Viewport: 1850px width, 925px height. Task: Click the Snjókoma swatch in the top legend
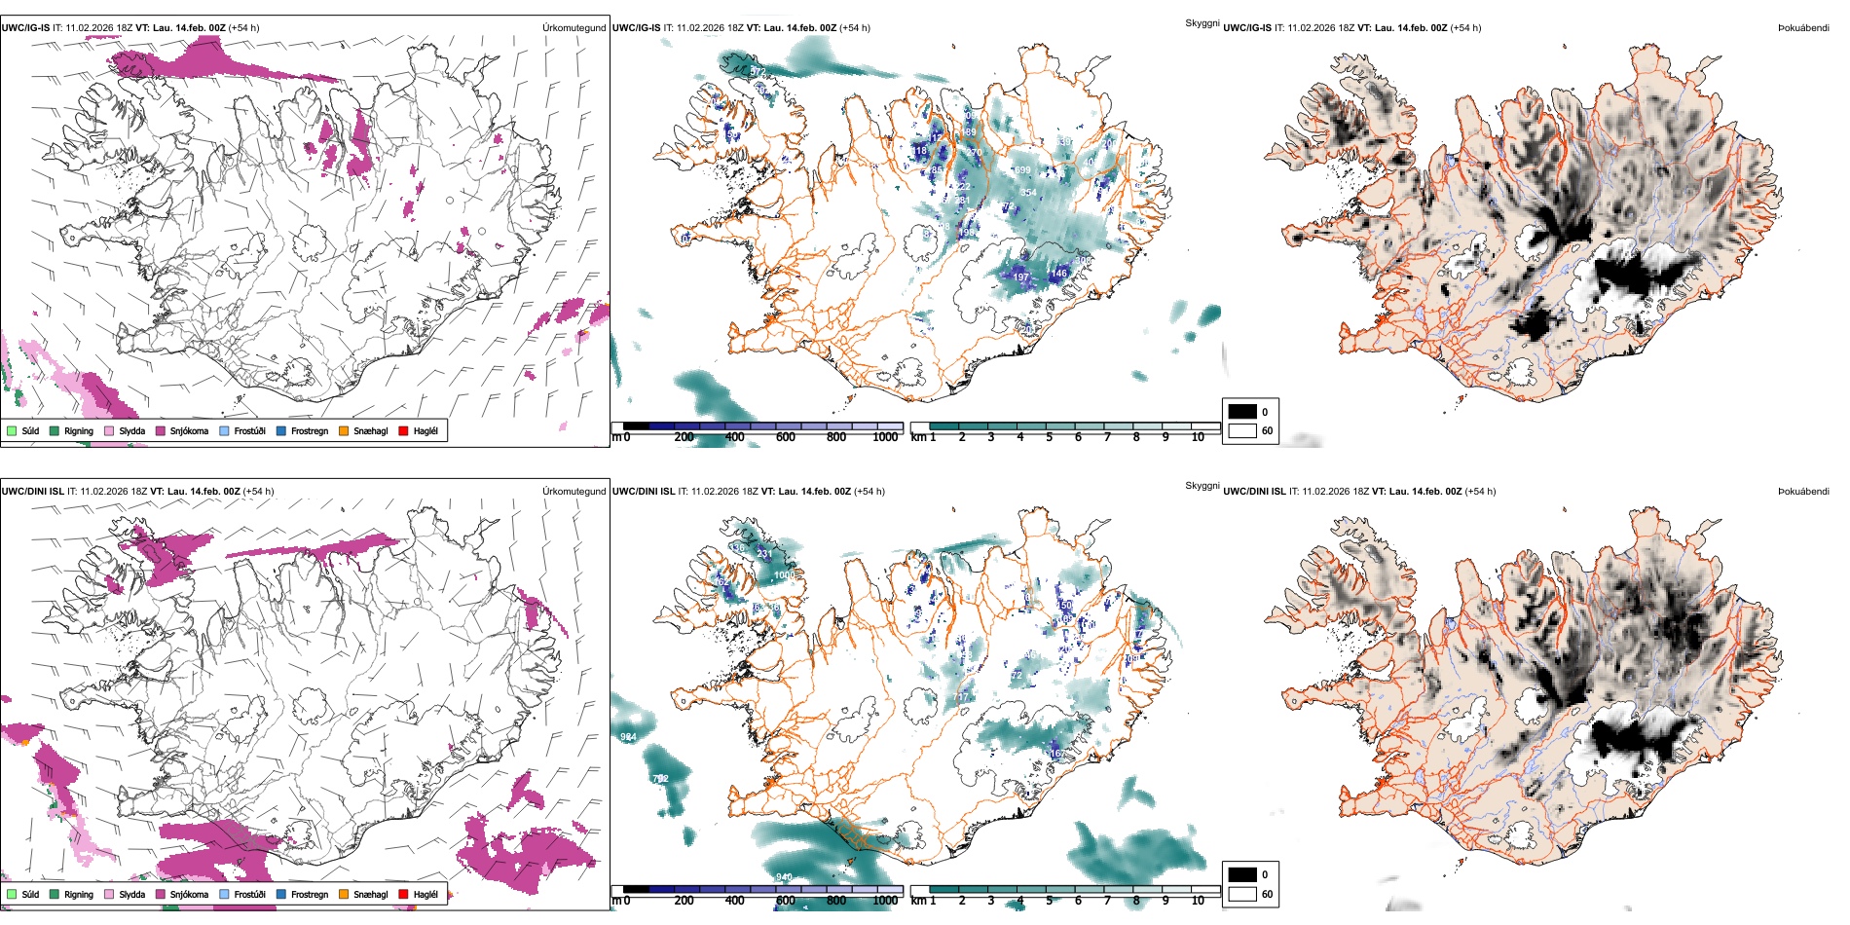161,430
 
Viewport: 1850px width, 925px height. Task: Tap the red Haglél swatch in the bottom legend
403,894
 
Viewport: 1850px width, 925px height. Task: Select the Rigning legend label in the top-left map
78,430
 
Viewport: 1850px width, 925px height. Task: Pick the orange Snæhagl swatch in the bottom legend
344,894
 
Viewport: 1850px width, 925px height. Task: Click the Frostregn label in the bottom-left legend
309,894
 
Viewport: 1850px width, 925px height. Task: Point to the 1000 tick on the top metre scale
885,437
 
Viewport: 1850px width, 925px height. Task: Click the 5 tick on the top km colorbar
1049,437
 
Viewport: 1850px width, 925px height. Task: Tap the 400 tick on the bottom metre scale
735,901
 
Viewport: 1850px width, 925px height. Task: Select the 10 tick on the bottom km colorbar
1198,901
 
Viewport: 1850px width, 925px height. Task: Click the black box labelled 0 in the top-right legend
1242,412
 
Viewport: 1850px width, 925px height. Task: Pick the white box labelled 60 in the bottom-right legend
1242,894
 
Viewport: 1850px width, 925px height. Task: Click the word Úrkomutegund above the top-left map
573,28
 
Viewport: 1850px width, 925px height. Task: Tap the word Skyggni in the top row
1202,22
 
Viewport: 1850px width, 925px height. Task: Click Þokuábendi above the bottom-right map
1803,492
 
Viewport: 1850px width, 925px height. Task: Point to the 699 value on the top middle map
1021,170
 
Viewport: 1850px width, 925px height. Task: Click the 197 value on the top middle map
1020,277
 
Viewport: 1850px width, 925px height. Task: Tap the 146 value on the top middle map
1058,274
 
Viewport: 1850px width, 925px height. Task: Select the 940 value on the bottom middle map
784,877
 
